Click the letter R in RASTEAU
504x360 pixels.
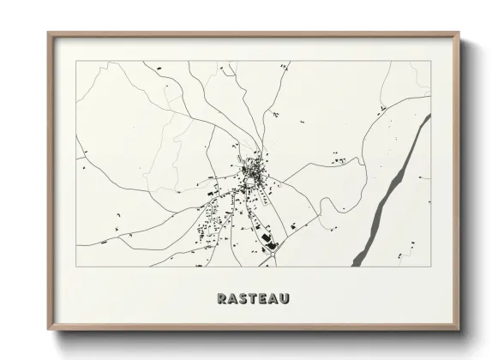pyautogui.click(x=222, y=299)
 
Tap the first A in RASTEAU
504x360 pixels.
pyautogui.click(x=232, y=299)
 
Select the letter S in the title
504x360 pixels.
pyautogui.click(x=242, y=299)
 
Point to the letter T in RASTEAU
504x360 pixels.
pyautogui.click(x=252, y=299)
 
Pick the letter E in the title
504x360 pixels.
pyautogui.click(x=261, y=299)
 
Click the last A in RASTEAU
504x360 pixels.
pyautogui.click(x=272, y=299)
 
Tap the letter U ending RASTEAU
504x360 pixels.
pyautogui.click(x=283, y=299)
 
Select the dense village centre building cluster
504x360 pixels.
pyautogui.click(x=252, y=171)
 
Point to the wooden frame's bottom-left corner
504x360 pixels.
pyautogui.click(x=48, y=329)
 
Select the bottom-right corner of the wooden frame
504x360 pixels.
pyautogui.click(x=459, y=329)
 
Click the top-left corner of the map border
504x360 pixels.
pyautogui.click(x=76, y=62)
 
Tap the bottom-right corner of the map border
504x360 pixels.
pyautogui.click(x=430, y=266)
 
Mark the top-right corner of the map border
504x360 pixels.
pyautogui.click(x=430, y=62)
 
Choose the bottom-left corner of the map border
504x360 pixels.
pyautogui.click(x=76, y=266)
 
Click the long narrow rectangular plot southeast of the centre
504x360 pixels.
pyautogui.click(x=268, y=197)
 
